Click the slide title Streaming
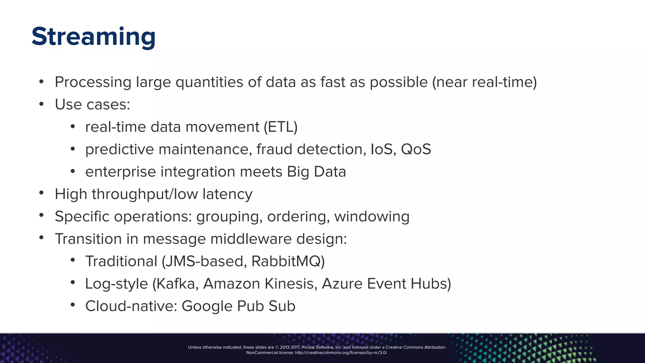point(94,37)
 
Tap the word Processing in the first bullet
point(93,82)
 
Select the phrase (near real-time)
point(484,82)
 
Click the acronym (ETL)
point(281,127)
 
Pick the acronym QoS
point(416,149)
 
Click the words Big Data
point(316,172)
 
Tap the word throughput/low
point(145,194)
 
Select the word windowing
point(372,216)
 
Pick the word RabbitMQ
point(288,261)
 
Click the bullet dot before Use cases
point(41,104)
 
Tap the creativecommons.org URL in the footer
point(341,353)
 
